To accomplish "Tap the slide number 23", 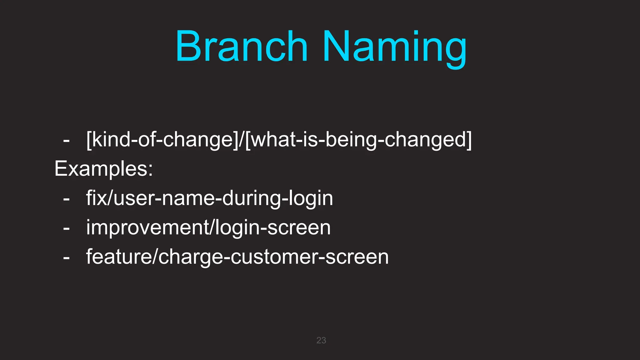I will tap(321, 340).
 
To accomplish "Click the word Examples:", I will tap(104, 169).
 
